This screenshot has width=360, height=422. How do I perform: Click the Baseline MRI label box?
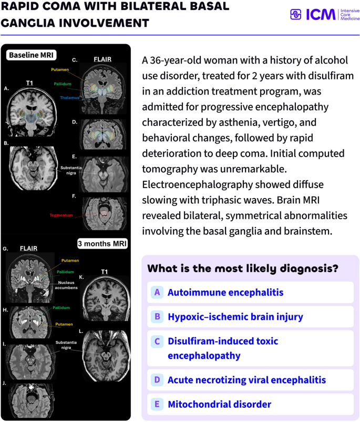pyautogui.click(x=31, y=55)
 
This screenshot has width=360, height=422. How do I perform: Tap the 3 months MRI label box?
pyautogui.click(x=102, y=243)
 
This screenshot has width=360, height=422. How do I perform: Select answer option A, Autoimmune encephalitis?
pyautogui.click(x=250, y=292)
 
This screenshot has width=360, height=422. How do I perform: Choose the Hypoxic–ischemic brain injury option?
pyautogui.click(x=250, y=316)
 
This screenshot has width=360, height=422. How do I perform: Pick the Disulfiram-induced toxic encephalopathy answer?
pyautogui.click(x=250, y=348)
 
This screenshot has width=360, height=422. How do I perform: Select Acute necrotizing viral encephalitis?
pyautogui.click(x=250, y=380)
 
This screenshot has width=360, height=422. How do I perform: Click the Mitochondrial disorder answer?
pyautogui.click(x=250, y=404)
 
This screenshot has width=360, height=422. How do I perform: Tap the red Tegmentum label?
pyautogui.click(x=61, y=215)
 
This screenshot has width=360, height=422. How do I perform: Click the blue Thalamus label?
pyautogui.click(x=70, y=98)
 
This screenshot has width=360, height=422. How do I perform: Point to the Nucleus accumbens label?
pyautogui.click(x=66, y=285)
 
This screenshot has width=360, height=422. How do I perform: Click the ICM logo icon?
pyautogui.click(x=295, y=14)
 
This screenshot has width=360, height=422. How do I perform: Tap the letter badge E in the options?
pyautogui.click(x=157, y=404)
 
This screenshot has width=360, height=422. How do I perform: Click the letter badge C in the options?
pyautogui.click(x=157, y=341)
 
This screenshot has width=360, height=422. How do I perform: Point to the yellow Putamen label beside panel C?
pyautogui.click(x=60, y=69)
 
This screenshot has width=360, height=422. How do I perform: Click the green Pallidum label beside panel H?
pyautogui.click(x=61, y=307)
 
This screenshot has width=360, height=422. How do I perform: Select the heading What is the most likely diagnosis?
pyautogui.click(x=243, y=269)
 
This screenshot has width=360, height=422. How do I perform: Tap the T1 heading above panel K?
pyautogui.click(x=105, y=272)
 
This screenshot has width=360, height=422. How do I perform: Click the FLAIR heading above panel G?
pyautogui.click(x=28, y=248)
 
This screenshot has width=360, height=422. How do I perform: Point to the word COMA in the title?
pyautogui.click(x=61, y=6)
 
